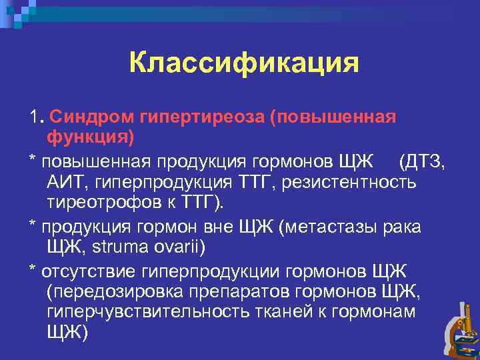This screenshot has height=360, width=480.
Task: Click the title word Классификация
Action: pos(244,63)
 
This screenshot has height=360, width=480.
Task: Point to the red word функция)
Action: pos(90,138)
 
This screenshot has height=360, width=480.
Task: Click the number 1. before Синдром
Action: pos(37,117)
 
